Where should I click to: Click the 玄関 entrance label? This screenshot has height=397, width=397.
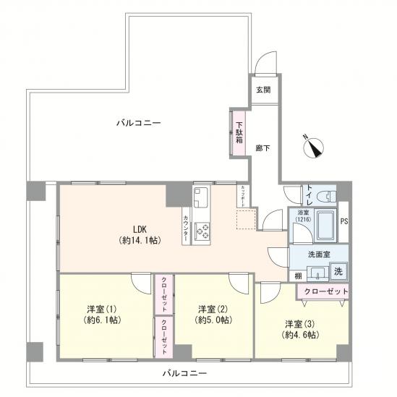[x=263, y=90]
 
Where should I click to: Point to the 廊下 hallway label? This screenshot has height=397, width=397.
[x=263, y=148]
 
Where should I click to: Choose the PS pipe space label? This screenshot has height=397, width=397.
[x=343, y=222]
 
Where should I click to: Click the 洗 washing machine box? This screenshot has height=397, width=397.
[x=338, y=272]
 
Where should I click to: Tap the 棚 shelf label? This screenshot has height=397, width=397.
[x=298, y=276]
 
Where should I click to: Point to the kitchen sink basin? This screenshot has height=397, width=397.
[x=200, y=195]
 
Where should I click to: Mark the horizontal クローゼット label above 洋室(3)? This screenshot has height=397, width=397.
[x=322, y=291]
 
